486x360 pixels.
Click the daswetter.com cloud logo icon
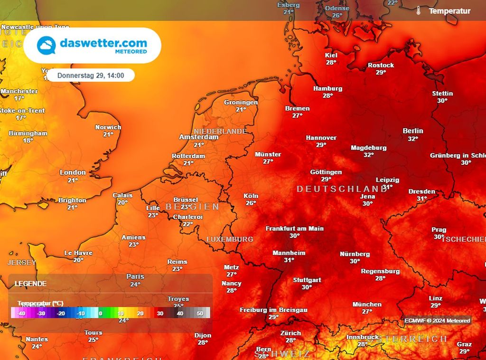click(47, 46)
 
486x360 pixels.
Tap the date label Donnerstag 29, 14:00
click(91, 75)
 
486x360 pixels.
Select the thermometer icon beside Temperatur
click(419, 10)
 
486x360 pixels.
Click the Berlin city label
click(413, 131)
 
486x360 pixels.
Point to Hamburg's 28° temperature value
click(327, 95)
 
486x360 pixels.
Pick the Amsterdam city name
click(199, 137)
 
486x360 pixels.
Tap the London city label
click(73, 172)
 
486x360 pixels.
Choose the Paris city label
click(135, 276)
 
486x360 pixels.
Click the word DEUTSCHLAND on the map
click(342, 189)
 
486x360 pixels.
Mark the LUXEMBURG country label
click(230, 239)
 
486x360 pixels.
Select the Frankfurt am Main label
click(294, 228)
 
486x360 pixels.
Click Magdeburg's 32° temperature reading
click(369, 155)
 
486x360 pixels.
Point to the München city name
click(367, 304)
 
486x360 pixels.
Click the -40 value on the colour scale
click(21, 313)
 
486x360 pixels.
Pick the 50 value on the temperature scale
click(200, 313)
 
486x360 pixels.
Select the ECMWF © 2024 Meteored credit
click(437, 321)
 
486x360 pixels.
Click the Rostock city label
click(381, 65)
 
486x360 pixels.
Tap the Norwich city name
click(108, 127)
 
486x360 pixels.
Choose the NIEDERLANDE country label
click(220, 131)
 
